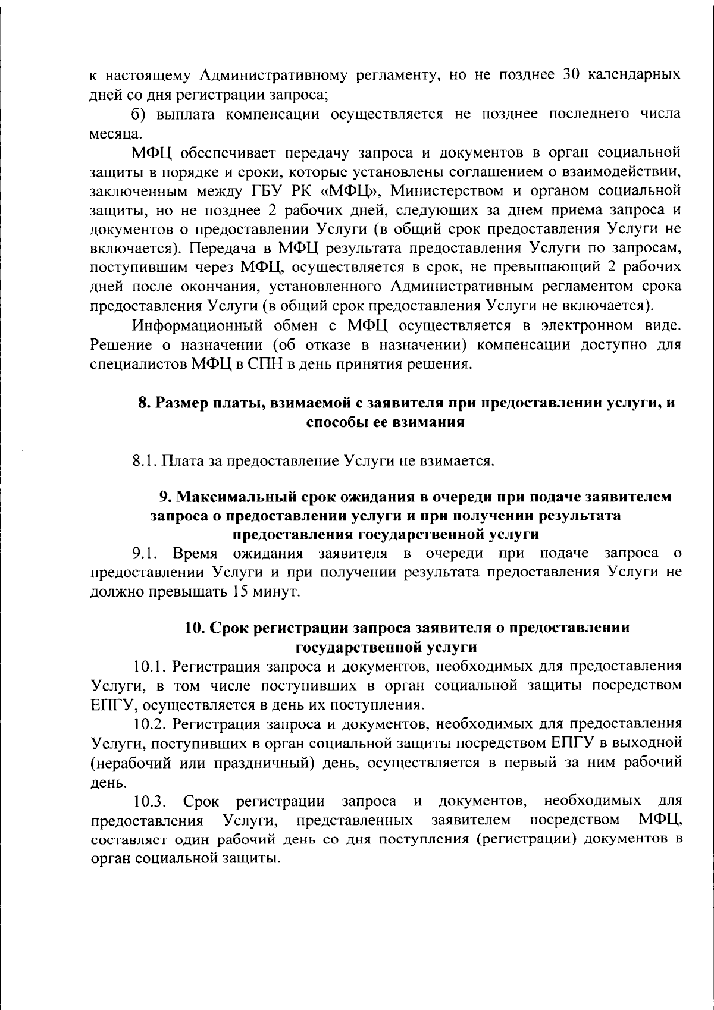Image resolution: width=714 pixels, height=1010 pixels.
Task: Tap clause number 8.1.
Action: pos(145,461)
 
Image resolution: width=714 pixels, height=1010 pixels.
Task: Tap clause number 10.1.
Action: pos(149,666)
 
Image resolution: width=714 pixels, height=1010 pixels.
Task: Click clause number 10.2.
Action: pos(149,723)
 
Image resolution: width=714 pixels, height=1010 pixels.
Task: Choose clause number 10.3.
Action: pos(149,801)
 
